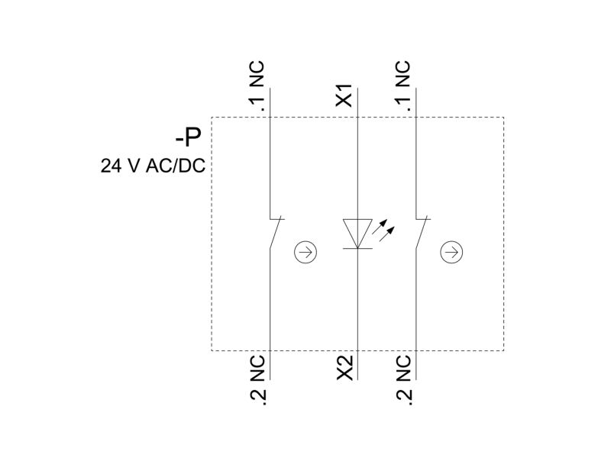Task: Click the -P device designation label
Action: (188, 137)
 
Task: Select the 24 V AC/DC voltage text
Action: (153, 166)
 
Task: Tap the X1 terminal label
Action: (344, 95)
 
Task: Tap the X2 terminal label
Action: (344, 368)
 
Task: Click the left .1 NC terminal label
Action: (257, 85)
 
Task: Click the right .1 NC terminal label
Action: (403, 85)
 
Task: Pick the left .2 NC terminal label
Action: (257, 380)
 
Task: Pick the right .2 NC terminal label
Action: (403, 380)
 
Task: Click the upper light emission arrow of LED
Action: (380, 226)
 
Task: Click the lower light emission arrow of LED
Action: (386, 234)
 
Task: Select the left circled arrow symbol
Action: (305, 252)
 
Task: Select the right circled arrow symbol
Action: (451, 252)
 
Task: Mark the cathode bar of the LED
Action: (357, 249)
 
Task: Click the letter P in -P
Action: (193, 137)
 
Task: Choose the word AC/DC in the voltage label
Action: (176, 166)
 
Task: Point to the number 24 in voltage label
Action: (111, 166)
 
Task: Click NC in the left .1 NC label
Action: (257, 74)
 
